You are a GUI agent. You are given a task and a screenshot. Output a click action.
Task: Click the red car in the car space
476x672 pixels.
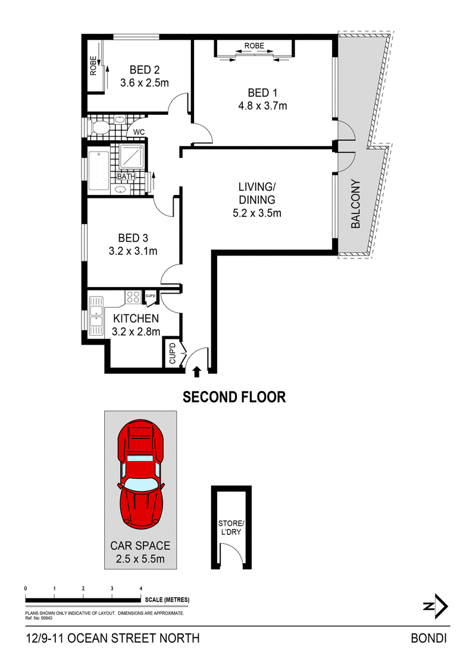point(140,475)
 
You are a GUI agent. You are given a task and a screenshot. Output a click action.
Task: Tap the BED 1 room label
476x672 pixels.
point(262,93)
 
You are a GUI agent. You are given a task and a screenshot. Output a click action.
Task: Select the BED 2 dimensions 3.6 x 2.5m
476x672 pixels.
point(144,83)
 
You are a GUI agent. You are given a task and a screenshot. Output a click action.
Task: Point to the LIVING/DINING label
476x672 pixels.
point(256,193)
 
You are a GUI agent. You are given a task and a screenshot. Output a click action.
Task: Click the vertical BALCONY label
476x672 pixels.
point(356,204)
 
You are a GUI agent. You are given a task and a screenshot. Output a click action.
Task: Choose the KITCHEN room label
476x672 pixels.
point(136,318)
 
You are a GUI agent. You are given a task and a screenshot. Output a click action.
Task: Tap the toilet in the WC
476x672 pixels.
point(98,127)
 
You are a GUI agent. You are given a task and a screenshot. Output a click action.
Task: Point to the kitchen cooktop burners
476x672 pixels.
point(133,296)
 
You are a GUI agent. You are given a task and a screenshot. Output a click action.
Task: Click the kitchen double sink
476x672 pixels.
point(96,316)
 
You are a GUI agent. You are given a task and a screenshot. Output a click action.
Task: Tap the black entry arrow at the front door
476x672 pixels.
point(197,371)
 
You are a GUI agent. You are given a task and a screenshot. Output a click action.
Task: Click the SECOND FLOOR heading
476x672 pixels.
point(234,397)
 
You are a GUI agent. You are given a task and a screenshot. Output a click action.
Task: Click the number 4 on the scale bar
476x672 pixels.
point(141,588)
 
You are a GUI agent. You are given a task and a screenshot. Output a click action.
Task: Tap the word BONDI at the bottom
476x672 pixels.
point(429,638)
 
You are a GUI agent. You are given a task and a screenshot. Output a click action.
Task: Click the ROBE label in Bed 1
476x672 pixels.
point(254,46)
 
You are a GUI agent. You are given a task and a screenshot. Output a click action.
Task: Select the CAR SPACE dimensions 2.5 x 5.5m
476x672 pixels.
point(140,559)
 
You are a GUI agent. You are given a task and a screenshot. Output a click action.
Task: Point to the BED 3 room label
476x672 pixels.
point(133,238)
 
